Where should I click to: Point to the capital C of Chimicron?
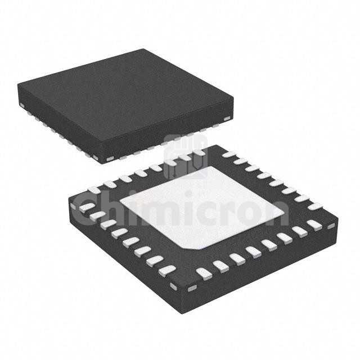pyautogui.click(x=84, y=210)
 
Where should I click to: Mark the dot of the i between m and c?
pyautogui.click(x=189, y=194)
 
